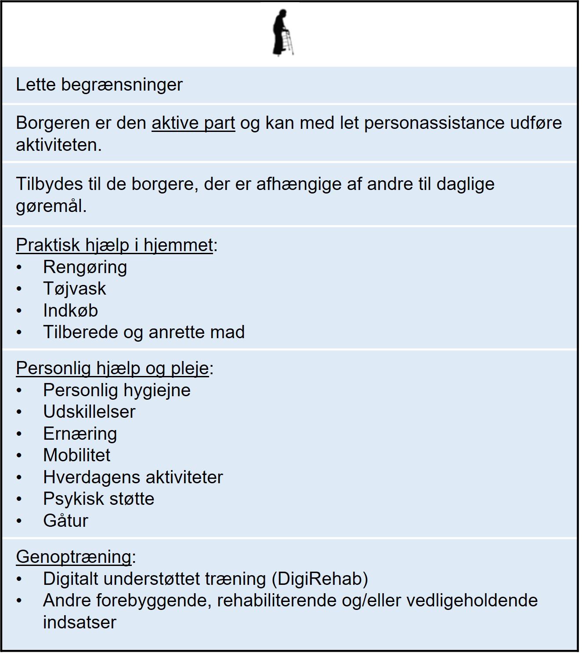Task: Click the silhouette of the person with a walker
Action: [x=282, y=33]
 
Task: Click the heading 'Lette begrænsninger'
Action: [x=99, y=84]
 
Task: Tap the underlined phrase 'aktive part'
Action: [x=193, y=123]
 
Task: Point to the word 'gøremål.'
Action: [x=51, y=206]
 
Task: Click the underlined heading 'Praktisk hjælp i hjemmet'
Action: [x=115, y=245]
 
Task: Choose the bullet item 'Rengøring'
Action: [x=85, y=267]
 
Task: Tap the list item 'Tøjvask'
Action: [x=75, y=288]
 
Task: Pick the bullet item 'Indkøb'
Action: [x=70, y=310]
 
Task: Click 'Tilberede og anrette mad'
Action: [x=144, y=332]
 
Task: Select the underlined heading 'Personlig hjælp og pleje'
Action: [x=112, y=368]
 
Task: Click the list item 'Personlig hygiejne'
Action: [x=117, y=390]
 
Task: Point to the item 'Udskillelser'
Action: [x=89, y=412]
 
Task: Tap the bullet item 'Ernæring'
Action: [x=80, y=434]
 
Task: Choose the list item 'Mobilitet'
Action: [x=77, y=455]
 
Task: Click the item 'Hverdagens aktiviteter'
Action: [x=133, y=477]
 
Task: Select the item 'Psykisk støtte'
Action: [x=99, y=499]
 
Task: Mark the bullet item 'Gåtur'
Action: [x=66, y=521]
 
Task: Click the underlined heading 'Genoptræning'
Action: [x=74, y=557]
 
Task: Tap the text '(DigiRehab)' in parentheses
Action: [x=320, y=579]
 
